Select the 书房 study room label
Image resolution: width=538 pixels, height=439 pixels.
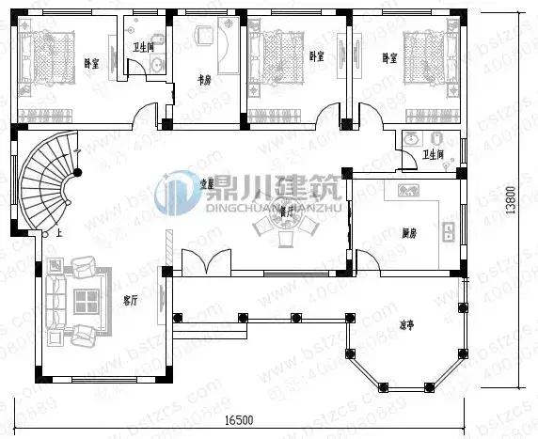(x=202, y=79)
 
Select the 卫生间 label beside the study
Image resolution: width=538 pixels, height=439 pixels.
(x=143, y=46)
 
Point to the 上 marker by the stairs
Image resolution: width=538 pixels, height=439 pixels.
(x=59, y=231)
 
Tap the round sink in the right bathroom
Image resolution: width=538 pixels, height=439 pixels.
(x=411, y=139)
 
